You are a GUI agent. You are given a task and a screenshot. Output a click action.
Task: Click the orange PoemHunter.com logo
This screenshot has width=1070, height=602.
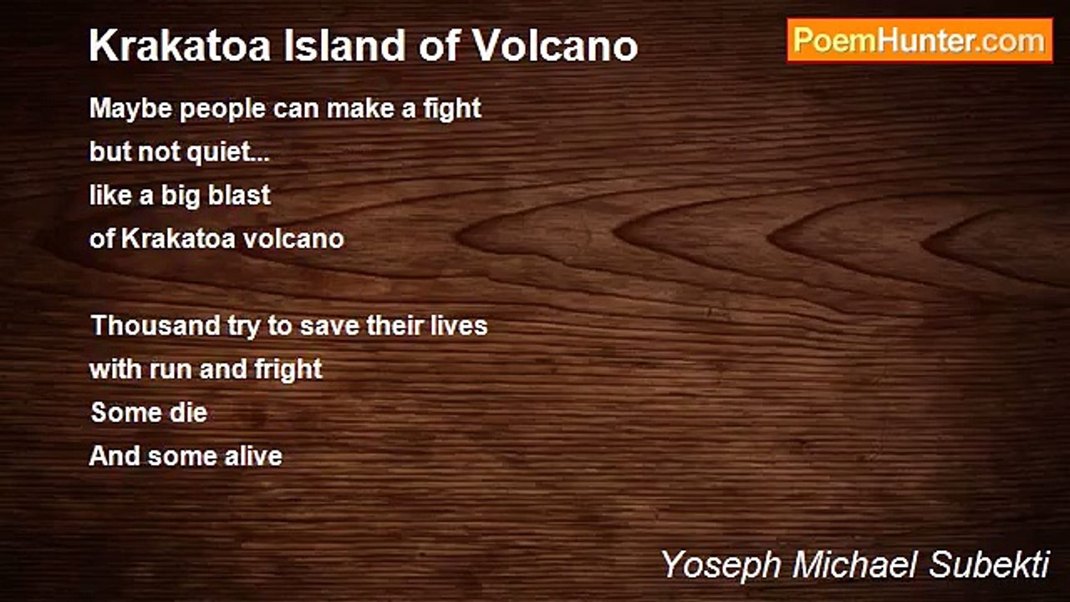click(920, 41)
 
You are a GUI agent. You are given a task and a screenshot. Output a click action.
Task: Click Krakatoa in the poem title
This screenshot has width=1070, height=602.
click(180, 46)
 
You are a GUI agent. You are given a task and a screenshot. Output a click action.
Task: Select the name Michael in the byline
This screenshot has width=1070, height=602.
click(855, 564)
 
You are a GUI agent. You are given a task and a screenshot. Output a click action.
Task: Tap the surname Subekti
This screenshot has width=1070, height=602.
click(989, 564)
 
